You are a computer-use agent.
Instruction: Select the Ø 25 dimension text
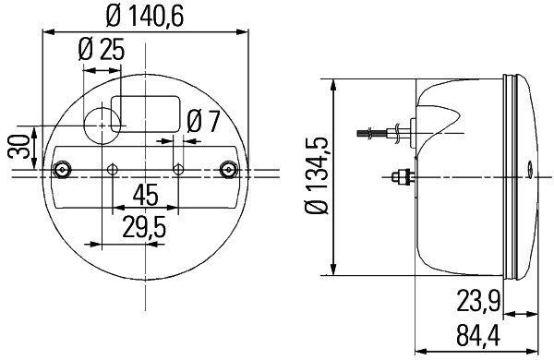102,52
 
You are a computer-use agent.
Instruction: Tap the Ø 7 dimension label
202,121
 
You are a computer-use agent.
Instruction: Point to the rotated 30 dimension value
17,147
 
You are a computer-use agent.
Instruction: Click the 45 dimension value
145,197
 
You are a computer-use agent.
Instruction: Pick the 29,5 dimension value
144,226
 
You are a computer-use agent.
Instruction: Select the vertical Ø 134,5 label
316,175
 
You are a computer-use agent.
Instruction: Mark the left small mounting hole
113,169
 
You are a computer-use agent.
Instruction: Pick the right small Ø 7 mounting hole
179,169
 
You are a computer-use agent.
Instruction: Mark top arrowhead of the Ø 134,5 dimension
331,78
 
